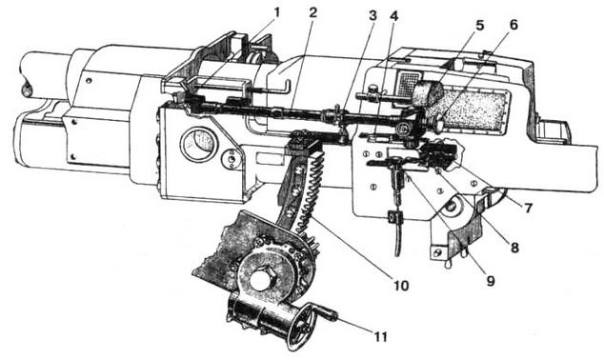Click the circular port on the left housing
[x=198, y=144]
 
